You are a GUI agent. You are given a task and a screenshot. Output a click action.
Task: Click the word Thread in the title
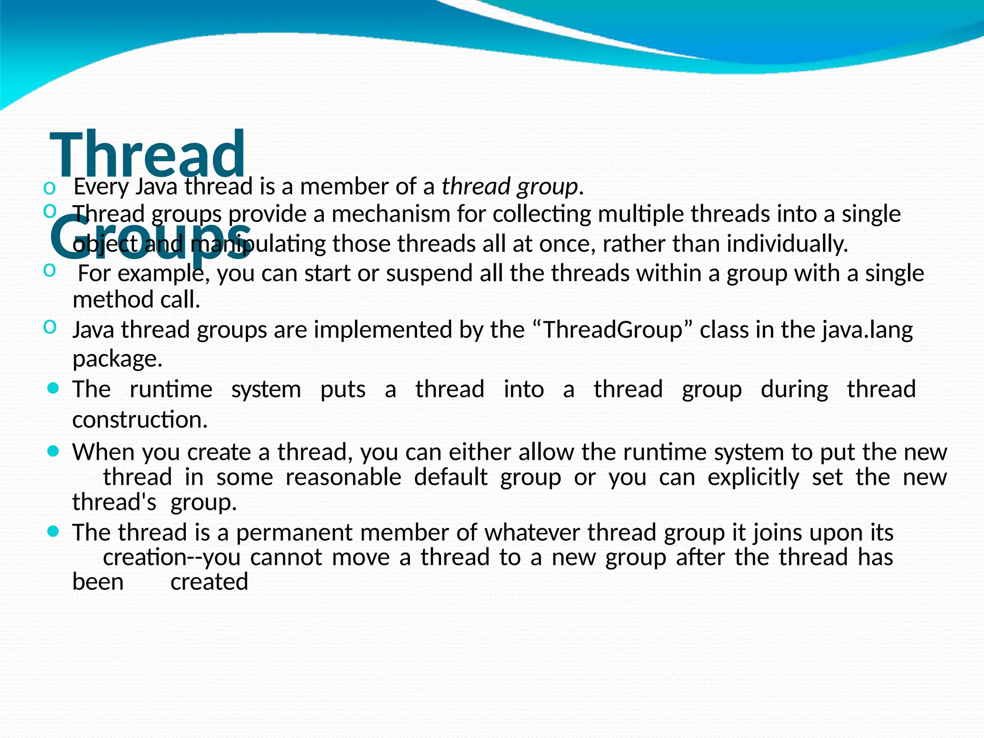point(147,155)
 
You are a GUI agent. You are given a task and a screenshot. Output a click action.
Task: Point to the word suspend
point(416,274)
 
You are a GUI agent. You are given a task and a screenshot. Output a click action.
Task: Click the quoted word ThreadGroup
point(612,330)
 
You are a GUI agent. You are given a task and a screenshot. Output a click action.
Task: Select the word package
point(117,359)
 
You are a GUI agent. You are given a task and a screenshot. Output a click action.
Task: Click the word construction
point(139,420)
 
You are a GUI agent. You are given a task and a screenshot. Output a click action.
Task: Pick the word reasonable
point(343,478)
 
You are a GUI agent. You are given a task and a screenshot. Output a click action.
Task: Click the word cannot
point(286,557)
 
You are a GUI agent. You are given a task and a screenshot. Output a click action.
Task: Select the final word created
point(209,582)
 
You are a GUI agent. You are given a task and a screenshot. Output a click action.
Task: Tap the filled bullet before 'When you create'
point(54,451)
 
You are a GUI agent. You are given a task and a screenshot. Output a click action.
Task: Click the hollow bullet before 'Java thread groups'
point(49,327)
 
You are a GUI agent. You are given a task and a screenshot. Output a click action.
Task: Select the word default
point(451,478)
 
